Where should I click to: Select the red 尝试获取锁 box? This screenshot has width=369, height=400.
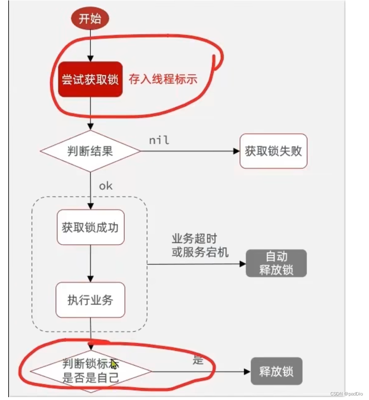[x=90, y=79]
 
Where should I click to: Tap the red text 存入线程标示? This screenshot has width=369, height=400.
[x=163, y=78]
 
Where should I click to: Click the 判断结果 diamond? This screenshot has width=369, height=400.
[x=90, y=151]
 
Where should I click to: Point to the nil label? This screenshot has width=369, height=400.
[x=159, y=140]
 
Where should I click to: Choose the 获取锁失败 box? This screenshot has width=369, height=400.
[x=273, y=151]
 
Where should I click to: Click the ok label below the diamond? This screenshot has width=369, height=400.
[x=105, y=186]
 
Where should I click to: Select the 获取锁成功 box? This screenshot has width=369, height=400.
[x=90, y=227]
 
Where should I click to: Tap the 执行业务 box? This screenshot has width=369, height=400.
[x=90, y=300]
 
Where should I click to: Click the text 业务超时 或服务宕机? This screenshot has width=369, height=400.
[x=200, y=246]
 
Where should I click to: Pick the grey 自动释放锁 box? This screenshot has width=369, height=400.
[x=276, y=263]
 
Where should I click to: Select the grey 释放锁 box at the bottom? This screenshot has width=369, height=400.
[x=276, y=372]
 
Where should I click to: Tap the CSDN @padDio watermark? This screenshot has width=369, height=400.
[x=347, y=393]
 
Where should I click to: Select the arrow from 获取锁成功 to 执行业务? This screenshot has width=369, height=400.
[x=90, y=263]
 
